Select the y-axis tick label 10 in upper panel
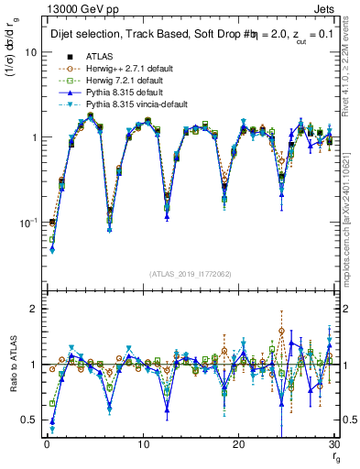(x=30, y=52)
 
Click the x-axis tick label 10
(x=143, y=443)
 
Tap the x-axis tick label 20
(x=239, y=443)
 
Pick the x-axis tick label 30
(x=335, y=443)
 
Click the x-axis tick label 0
(x=47, y=443)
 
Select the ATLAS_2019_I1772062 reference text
(x=191, y=274)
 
